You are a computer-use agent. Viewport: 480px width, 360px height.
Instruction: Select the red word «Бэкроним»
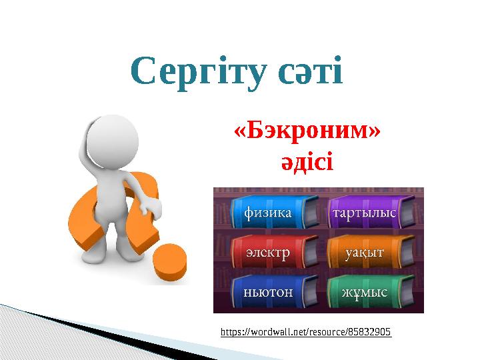click(x=307, y=132)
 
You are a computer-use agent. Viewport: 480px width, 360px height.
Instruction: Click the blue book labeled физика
click(x=267, y=213)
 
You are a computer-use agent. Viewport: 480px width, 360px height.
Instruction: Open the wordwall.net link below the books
click(x=305, y=331)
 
